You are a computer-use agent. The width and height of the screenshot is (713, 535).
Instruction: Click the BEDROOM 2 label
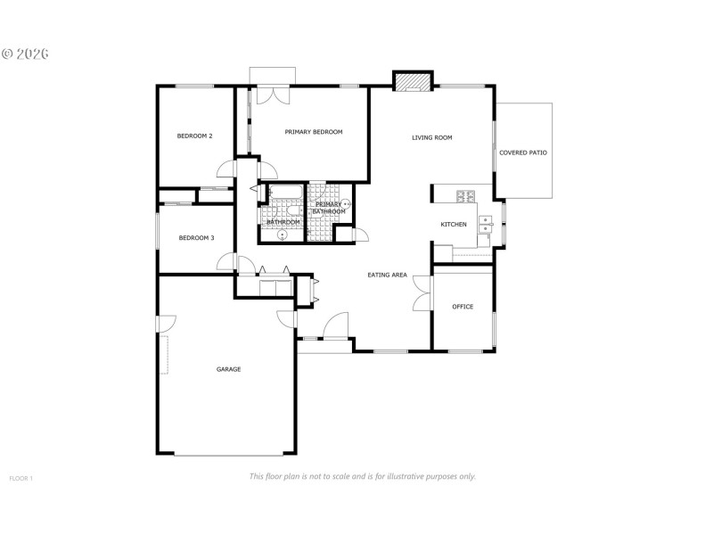194,136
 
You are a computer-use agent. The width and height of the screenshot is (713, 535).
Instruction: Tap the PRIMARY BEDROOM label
313,132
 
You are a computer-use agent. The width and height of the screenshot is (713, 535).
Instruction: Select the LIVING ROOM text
431,137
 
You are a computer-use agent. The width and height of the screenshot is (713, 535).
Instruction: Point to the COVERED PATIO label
523,152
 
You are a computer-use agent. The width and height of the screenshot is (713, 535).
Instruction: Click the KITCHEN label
454,224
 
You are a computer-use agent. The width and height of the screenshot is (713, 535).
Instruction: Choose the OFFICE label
463,307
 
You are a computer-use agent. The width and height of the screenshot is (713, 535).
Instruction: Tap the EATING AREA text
387,275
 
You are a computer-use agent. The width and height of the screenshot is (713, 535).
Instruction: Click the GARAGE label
228,369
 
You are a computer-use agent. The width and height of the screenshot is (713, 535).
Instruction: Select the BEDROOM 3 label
196,238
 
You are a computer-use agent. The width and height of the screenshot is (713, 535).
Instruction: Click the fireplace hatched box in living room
412,82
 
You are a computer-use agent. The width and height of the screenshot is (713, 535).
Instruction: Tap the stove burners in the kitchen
465,195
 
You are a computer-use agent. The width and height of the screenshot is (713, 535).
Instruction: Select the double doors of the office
422,291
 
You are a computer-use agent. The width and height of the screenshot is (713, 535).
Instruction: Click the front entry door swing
336,326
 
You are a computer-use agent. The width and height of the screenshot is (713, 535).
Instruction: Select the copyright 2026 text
24,53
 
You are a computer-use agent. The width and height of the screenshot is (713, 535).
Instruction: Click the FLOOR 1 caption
20,479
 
